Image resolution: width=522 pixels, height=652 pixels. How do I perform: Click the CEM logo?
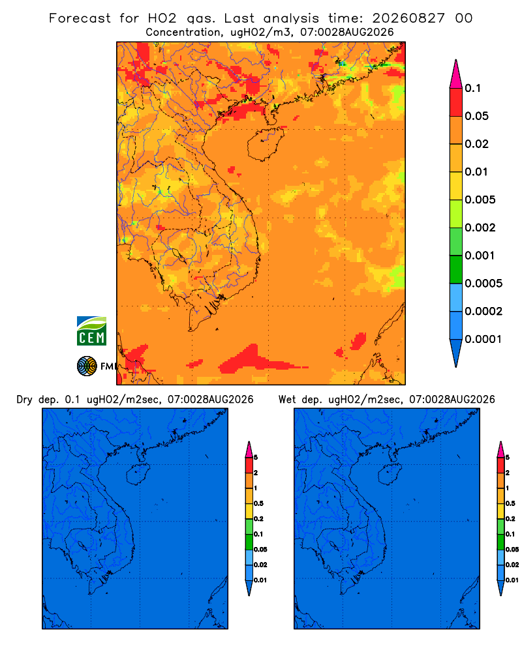[x=91, y=331]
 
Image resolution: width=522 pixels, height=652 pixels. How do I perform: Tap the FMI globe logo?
[x=87, y=366]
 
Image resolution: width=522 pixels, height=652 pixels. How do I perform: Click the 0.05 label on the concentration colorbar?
[x=476, y=116]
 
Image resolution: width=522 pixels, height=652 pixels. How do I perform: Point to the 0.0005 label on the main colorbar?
[x=484, y=284]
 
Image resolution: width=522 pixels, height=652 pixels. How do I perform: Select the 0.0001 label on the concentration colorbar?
[x=484, y=339]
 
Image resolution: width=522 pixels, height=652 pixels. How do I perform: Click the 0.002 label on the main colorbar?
[x=480, y=228]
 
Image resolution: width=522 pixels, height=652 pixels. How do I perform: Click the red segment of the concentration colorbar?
[x=456, y=102]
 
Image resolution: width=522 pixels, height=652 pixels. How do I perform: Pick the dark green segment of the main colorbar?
[x=456, y=269]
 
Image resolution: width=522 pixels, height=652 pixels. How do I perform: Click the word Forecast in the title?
[x=80, y=18]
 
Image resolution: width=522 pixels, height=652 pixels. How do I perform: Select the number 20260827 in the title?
[x=408, y=18]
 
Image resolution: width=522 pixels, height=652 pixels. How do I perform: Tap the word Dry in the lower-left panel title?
[x=24, y=400]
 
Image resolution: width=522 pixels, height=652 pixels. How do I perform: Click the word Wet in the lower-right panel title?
[x=287, y=400]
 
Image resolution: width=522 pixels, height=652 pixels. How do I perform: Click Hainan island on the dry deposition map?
[x=138, y=474]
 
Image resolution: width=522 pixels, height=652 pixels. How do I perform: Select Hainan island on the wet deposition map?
[x=390, y=474]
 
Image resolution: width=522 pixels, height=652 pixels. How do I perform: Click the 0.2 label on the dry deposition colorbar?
[x=258, y=519]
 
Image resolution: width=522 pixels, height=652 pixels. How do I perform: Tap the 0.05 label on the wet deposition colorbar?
[x=512, y=550]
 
